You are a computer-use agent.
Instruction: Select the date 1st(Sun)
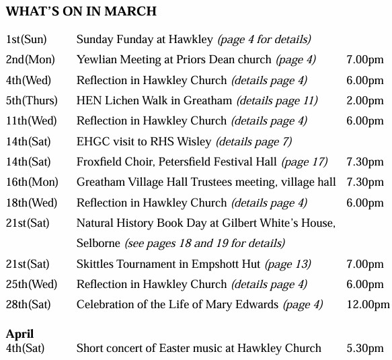(x=26, y=39)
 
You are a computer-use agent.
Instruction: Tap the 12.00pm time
(x=368, y=305)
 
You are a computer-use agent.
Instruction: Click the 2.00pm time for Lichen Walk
(x=365, y=101)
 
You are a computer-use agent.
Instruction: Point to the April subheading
(x=19, y=334)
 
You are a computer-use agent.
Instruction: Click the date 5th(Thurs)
(x=32, y=101)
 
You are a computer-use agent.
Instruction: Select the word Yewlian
(x=96, y=60)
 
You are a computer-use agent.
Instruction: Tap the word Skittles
(x=95, y=264)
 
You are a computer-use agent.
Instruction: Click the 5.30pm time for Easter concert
(x=365, y=348)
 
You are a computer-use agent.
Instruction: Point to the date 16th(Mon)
(x=30, y=182)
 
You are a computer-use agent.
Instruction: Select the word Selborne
(x=98, y=243)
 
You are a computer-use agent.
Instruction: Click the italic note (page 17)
(x=304, y=162)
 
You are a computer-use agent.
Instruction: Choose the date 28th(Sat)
(x=28, y=305)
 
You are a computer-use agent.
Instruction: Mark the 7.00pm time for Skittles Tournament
(x=365, y=264)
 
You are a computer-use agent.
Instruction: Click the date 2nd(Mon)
(x=30, y=60)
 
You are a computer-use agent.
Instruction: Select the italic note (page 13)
(x=288, y=264)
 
